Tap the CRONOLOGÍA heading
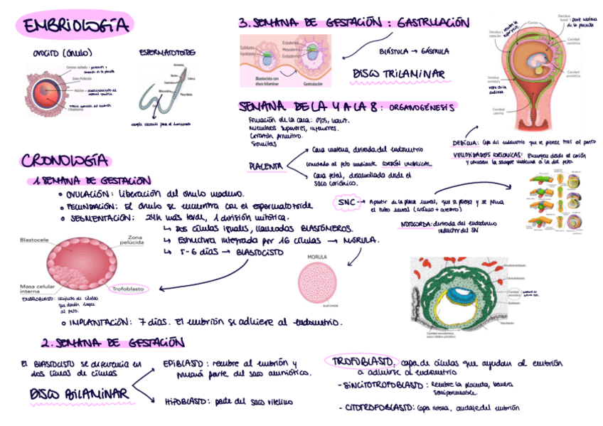point(65,161)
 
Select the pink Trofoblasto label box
point(128,289)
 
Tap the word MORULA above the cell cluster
point(317,256)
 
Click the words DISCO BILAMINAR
point(78,394)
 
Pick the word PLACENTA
point(266,166)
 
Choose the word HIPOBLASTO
point(186,401)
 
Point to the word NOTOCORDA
point(417,223)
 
